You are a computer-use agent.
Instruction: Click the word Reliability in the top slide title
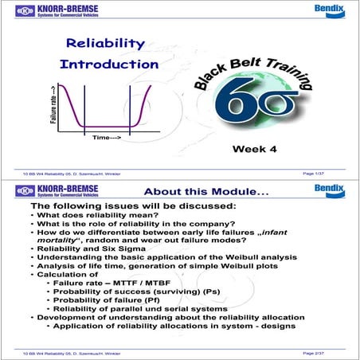[x=100, y=45]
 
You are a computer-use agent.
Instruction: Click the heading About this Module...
[x=211, y=192]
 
